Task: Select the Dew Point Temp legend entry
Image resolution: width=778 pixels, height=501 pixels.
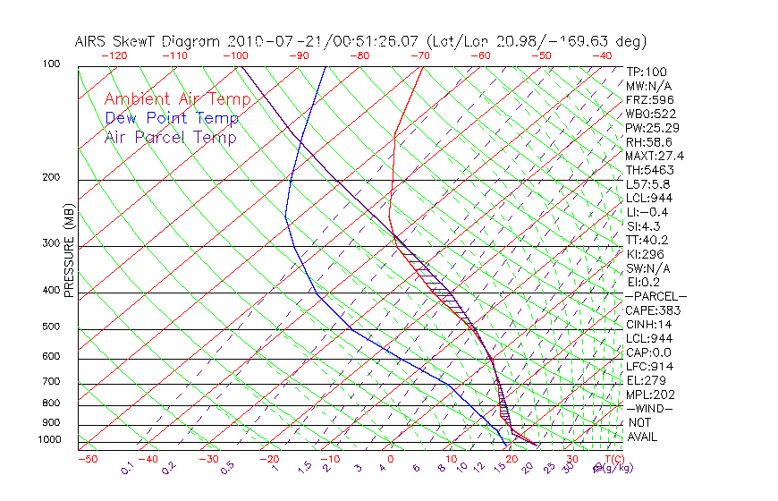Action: click(x=171, y=118)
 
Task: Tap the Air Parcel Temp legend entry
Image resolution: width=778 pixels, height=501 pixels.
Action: click(x=170, y=137)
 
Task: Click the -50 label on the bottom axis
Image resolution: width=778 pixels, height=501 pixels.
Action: click(x=87, y=460)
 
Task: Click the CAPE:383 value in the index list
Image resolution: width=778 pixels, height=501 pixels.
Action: click(x=652, y=310)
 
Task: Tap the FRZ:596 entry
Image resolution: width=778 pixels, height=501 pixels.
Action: click(x=649, y=100)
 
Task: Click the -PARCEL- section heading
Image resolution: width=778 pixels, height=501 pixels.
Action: click(x=655, y=296)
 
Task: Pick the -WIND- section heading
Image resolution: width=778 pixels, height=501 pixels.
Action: click(x=649, y=408)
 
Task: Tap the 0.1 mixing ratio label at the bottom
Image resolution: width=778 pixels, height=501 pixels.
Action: click(x=127, y=469)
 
